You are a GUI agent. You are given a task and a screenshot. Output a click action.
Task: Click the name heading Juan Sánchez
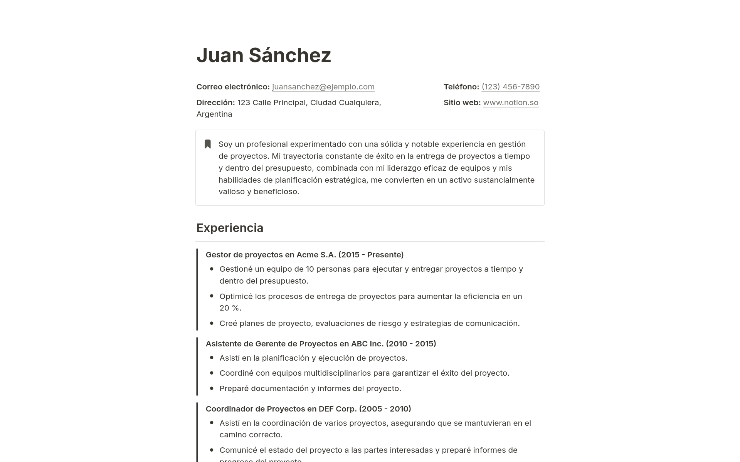(x=264, y=55)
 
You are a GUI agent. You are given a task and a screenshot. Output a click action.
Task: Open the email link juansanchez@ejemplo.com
(x=323, y=87)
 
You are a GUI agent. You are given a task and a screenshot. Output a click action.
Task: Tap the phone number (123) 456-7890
(x=510, y=87)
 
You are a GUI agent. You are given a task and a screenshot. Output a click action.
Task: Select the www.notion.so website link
(x=510, y=102)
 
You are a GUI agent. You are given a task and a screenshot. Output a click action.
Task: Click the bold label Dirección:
(x=215, y=102)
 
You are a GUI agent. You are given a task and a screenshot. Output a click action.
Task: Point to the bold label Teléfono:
(x=461, y=87)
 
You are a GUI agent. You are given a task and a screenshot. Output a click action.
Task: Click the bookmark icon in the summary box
(x=208, y=144)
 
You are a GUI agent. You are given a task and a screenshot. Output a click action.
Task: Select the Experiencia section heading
(x=230, y=228)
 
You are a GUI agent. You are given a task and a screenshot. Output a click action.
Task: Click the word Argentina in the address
(x=214, y=114)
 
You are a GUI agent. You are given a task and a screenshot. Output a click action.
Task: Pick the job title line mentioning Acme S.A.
(x=304, y=255)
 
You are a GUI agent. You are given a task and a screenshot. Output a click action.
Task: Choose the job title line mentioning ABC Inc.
(x=321, y=344)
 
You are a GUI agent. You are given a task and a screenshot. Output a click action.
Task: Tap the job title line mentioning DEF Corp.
(x=308, y=409)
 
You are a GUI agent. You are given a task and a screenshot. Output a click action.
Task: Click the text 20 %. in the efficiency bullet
(x=230, y=308)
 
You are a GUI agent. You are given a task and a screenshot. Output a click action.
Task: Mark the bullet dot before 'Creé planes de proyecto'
(x=212, y=323)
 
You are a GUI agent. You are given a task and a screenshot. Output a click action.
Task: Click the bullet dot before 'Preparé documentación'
(x=212, y=388)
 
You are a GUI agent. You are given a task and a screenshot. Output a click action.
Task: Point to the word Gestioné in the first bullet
(x=235, y=269)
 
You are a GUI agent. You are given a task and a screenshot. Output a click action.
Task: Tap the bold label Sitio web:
(x=462, y=102)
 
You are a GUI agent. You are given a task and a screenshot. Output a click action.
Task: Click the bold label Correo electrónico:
(x=233, y=87)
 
